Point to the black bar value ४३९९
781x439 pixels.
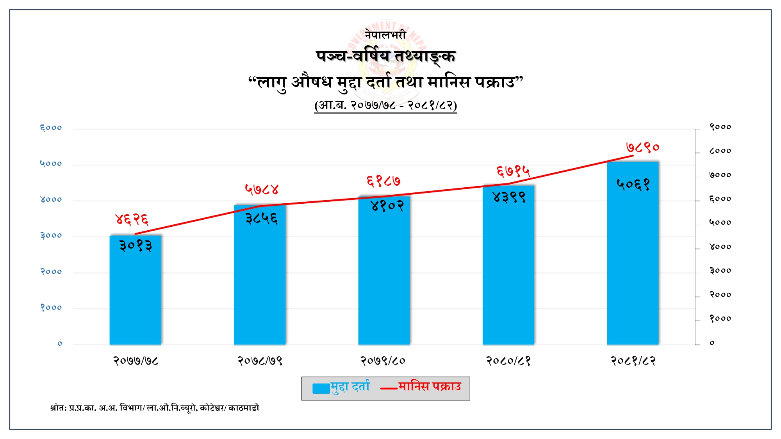(509, 197)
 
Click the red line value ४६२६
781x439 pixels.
(132, 219)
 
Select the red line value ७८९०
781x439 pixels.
(642, 148)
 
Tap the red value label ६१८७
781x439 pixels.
(383, 181)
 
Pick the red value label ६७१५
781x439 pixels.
(513, 171)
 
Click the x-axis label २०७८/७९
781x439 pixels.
(260, 361)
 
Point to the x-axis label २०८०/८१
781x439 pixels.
(508, 361)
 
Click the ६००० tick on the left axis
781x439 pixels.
(51, 128)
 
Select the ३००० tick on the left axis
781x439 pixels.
(51, 236)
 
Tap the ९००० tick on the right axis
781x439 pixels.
(720, 127)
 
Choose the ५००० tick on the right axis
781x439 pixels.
(720, 223)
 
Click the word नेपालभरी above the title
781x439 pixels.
(385, 35)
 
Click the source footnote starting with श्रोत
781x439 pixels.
(155, 408)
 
